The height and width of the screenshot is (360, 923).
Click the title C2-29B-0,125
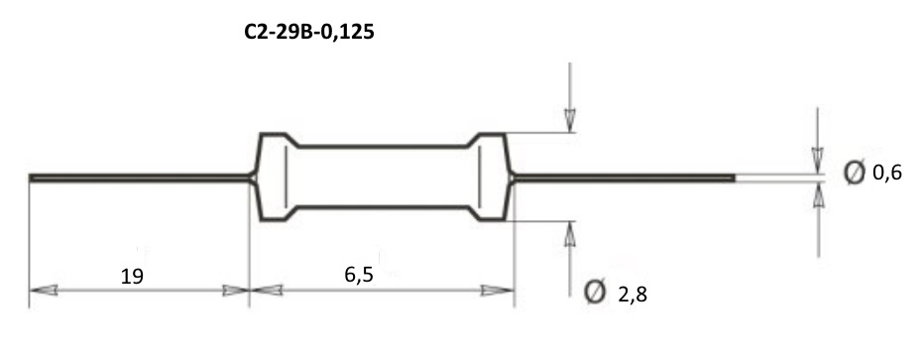tap(309, 33)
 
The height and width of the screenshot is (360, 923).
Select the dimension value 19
tap(132, 276)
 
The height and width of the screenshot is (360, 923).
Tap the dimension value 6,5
tap(359, 275)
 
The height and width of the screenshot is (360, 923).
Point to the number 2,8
tap(633, 294)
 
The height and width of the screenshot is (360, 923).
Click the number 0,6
tap(887, 174)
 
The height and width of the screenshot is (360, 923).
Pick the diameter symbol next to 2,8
tap(595, 292)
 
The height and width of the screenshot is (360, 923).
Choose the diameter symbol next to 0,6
tap(855, 172)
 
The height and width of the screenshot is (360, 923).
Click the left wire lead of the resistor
tap(141, 178)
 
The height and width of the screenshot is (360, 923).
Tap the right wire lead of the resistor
tap(623, 178)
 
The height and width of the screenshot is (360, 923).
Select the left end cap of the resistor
tap(274, 177)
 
